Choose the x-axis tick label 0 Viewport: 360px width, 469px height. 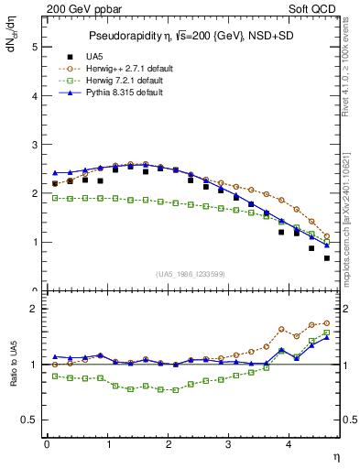click(x=47, y=444)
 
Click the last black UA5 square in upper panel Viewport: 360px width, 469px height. click(x=326, y=258)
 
